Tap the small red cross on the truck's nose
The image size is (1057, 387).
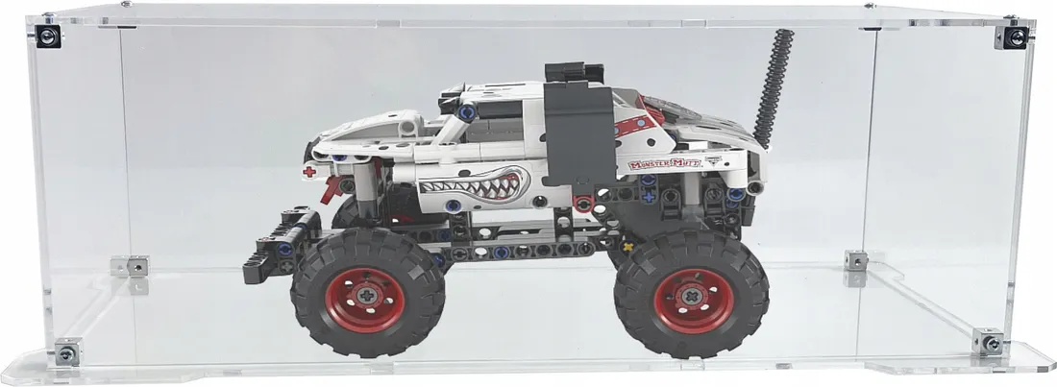tap(308, 172)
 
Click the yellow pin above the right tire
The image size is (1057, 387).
tap(630, 246)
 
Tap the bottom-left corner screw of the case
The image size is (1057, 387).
tap(67, 351)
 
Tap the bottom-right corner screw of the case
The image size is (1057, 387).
tap(986, 343)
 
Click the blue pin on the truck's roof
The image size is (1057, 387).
tap(465, 111)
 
